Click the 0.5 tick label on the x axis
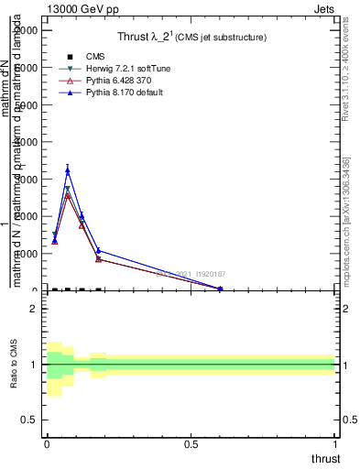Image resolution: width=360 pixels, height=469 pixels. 191,445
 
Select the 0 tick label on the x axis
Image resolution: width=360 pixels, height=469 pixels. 47,445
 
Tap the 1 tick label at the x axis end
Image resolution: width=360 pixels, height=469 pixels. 335,445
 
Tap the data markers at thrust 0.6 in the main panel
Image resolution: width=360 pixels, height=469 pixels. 220,289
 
